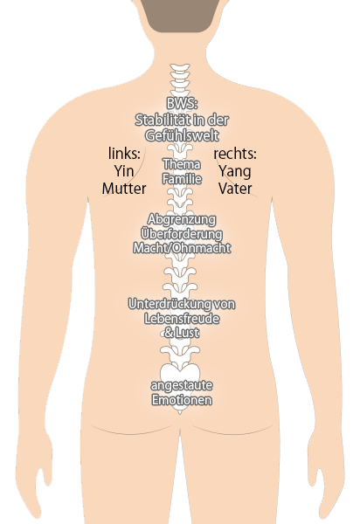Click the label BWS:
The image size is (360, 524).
click(182, 103)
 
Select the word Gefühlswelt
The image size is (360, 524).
click(182, 135)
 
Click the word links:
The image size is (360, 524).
click(124, 154)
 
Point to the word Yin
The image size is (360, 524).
click(124, 171)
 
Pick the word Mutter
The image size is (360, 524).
click(124, 189)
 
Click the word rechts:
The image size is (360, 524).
click(235, 154)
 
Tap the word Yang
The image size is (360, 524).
click(235, 171)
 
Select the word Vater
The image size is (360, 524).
click(235, 189)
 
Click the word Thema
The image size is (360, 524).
click(182, 164)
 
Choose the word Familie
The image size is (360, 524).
click(182, 178)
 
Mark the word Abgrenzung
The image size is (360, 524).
click(182, 219)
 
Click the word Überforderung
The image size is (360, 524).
click(182, 233)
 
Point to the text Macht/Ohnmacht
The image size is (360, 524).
click(182, 248)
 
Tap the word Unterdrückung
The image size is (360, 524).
click(170, 304)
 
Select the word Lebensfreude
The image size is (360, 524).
click(182, 319)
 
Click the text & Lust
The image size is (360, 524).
click(182, 333)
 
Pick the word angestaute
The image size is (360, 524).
click(182, 386)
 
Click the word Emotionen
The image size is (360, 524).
click(182, 400)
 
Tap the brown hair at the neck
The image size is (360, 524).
click(180, 16)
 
